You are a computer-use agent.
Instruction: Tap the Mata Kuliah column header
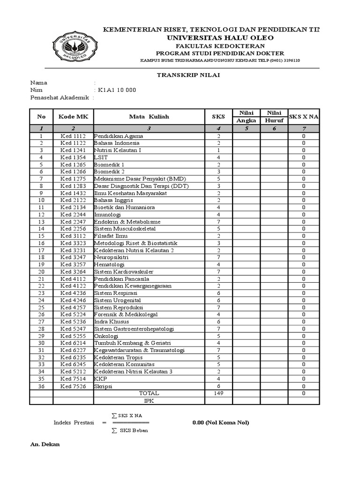(149, 116)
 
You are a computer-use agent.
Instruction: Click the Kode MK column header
(73, 116)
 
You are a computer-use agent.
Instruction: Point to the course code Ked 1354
(73, 157)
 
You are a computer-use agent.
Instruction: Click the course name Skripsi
(104, 386)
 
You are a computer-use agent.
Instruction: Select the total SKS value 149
(218, 393)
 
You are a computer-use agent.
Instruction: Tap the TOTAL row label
(149, 393)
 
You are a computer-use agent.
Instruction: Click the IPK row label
(149, 401)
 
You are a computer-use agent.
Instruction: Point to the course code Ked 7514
(73, 379)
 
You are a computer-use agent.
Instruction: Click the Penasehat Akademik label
(60, 97)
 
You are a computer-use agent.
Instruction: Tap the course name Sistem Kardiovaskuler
(124, 272)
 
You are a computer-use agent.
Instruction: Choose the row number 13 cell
(41, 222)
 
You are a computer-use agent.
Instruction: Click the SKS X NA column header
(304, 116)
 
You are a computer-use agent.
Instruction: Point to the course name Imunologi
(108, 215)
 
